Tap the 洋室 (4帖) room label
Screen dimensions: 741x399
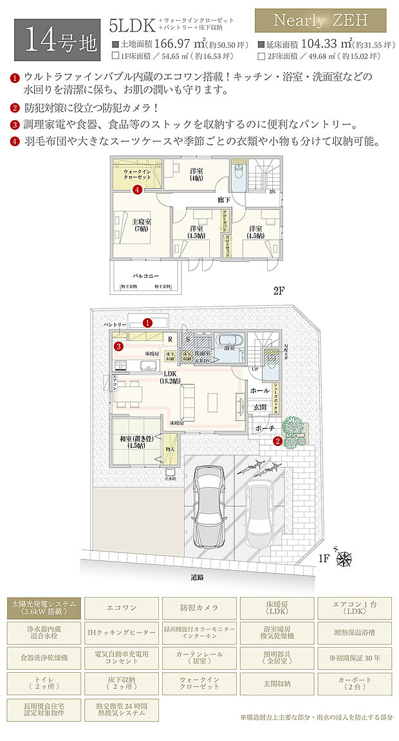pyautogui.click(x=196, y=174)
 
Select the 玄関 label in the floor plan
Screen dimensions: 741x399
pyautogui.click(x=259, y=407)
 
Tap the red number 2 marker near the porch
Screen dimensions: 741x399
pyautogui.click(x=277, y=441)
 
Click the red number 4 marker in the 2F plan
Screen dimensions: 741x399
pyautogui.click(x=137, y=190)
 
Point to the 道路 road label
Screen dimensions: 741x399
pyautogui.click(x=197, y=576)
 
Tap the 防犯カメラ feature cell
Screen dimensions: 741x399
pyautogui.click(x=199, y=607)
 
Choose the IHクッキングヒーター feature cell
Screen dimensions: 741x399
pyautogui.click(x=122, y=633)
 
